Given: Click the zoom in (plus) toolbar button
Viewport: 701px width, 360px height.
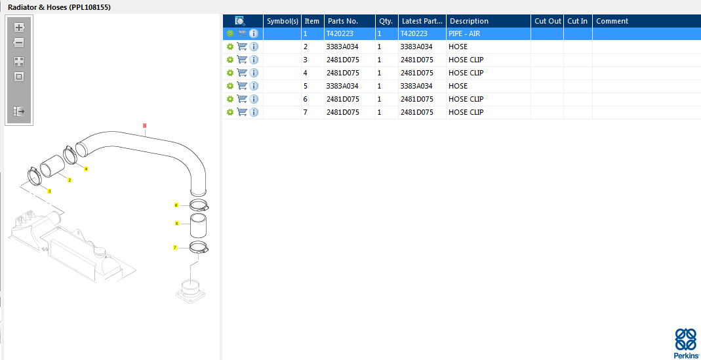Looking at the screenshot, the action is (x=19, y=28).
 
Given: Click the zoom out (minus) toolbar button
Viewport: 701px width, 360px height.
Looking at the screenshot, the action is (x=19, y=43).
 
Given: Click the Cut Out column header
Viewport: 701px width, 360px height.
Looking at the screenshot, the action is (x=548, y=21).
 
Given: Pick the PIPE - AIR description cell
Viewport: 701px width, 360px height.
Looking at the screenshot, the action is (x=464, y=33).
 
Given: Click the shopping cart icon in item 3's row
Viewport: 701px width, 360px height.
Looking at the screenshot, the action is (x=242, y=60).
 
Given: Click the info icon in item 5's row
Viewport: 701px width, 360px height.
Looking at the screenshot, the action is (x=254, y=86).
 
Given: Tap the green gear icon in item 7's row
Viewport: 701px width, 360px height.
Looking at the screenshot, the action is (x=230, y=111).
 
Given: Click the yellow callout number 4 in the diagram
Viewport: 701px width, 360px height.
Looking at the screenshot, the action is (x=86, y=169).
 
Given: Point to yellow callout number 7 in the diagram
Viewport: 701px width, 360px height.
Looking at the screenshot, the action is (x=175, y=247).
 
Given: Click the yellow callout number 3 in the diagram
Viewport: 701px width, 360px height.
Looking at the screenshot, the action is (x=49, y=191).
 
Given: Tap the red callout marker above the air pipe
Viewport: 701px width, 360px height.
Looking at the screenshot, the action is (x=144, y=126).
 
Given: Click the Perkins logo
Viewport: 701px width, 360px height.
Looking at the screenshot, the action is (x=686, y=342).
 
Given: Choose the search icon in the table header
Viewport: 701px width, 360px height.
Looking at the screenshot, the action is (x=240, y=21).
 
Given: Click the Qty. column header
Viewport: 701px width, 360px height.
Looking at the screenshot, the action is (x=386, y=21).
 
